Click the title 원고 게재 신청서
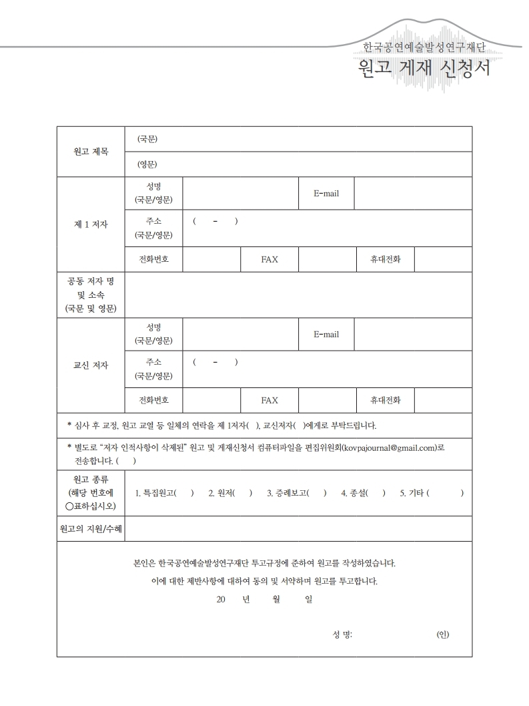click(x=424, y=69)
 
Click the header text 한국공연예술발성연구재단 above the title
click(x=424, y=47)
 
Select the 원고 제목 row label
click(x=91, y=152)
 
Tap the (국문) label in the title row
click(x=147, y=139)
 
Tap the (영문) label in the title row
click(x=147, y=164)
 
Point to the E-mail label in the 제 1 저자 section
click(x=326, y=194)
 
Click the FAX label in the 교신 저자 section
click(x=270, y=400)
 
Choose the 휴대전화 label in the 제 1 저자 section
click(x=386, y=259)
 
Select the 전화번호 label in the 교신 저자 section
click(x=153, y=400)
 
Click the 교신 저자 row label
click(x=91, y=365)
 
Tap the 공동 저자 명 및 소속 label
click(x=91, y=295)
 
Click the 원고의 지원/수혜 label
click(x=91, y=529)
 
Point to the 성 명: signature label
click(x=342, y=634)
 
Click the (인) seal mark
click(x=442, y=634)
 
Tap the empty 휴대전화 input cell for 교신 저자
click(x=443, y=400)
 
